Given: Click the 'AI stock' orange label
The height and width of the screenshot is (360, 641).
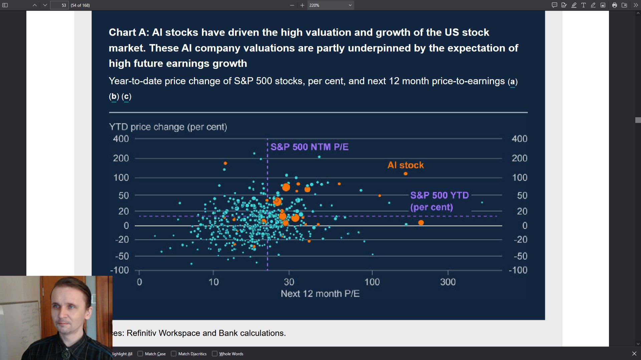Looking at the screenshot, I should [x=405, y=165].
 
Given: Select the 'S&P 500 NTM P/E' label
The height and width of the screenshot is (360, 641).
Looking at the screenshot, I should [x=309, y=147].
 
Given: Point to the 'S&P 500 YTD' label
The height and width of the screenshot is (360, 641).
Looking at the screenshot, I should [x=439, y=195].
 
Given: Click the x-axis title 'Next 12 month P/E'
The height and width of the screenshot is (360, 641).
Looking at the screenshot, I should [x=320, y=294].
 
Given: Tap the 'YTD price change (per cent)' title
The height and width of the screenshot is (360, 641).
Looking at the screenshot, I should [x=168, y=127].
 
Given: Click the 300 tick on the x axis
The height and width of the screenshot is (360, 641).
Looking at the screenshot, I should [x=448, y=282].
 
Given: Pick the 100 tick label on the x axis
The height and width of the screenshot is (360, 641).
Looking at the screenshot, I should [x=372, y=282].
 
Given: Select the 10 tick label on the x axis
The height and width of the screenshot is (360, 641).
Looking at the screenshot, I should [x=213, y=282].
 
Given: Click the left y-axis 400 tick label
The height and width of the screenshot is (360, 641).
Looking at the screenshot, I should [x=121, y=139].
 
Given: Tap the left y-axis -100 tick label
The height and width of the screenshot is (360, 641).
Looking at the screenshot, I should [x=120, y=270].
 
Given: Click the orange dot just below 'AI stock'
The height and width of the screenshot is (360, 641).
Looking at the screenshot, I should [x=405, y=174].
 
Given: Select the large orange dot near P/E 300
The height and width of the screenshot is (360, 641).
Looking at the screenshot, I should [x=421, y=223].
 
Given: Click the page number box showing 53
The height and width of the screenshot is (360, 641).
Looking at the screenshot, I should [x=59, y=5].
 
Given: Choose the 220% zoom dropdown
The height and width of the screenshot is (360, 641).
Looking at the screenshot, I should [x=330, y=5].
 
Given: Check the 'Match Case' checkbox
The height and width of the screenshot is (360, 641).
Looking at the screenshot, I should [x=141, y=354].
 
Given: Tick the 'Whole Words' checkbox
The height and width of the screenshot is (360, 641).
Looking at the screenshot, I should [x=215, y=354].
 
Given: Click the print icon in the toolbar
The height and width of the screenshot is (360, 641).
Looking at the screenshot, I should [x=614, y=5].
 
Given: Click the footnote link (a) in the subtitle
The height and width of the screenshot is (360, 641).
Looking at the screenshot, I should [x=512, y=81].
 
